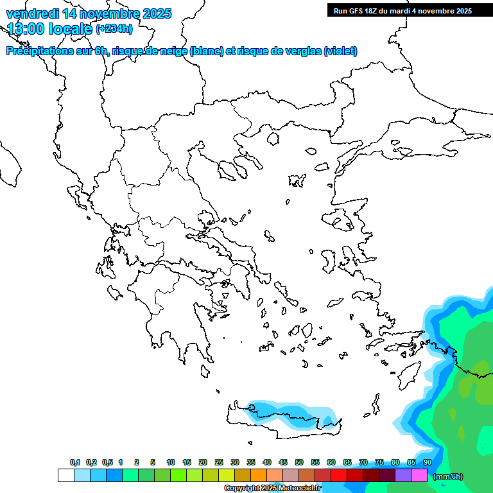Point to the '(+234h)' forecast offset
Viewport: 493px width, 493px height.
coord(114,28)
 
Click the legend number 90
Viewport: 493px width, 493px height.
coord(428,462)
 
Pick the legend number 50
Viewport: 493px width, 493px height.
coord(299,462)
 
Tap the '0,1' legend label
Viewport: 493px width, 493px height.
coord(75,462)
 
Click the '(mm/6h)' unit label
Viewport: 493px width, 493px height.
coord(448,476)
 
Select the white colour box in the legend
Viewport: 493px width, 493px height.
coord(65,476)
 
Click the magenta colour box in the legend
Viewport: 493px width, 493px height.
coord(419,476)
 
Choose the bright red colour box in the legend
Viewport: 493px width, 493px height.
coord(339,476)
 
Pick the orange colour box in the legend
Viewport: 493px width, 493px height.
coord(259,476)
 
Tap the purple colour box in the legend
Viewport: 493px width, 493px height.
coord(403,476)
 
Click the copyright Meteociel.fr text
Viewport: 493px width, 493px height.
coord(272,489)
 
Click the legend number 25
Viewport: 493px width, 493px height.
coord(219,462)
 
